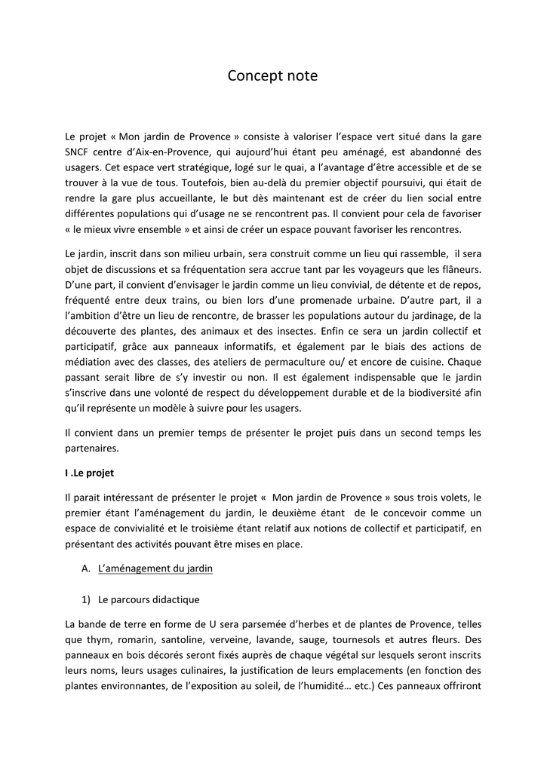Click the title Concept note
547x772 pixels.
(273, 75)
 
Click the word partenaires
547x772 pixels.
(94, 448)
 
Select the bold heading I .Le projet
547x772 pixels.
(90, 473)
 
